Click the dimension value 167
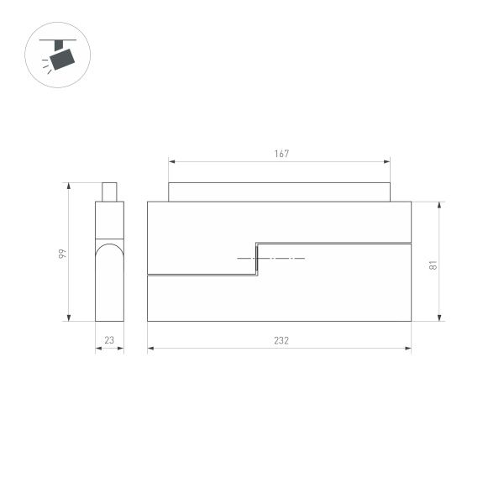[x=281, y=154]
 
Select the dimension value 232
[x=281, y=340]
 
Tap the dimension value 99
[x=61, y=253]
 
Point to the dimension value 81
[x=432, y=265]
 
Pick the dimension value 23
[x=109, y=340]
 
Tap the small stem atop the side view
[x=109, y=192]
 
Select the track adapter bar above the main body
[x=279, y=192]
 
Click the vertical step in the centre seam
[x=256, y=259]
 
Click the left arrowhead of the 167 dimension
[x=171, y=161]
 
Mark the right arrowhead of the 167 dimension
[x=388, y=161]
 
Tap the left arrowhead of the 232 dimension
[x=150, y=349]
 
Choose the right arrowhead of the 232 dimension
[x=409, y=349]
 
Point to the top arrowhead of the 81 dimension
[x=440, y=204]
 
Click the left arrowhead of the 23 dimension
[x=97, y=349]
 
